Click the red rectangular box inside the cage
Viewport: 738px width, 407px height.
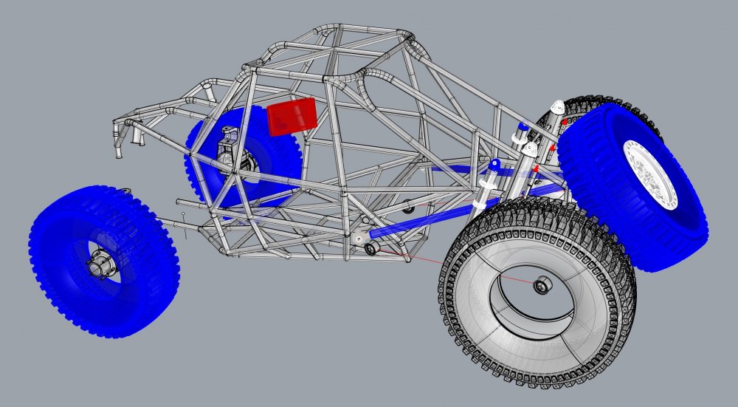click(292, 117)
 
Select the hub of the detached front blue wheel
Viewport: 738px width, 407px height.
click(99, 264)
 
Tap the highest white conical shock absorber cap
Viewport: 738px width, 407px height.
click(559, 105)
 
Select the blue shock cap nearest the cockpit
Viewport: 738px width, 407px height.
click(494, 163)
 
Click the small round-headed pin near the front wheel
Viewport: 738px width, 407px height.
click(183, 215)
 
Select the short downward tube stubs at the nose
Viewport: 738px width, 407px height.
click(136, 137)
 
